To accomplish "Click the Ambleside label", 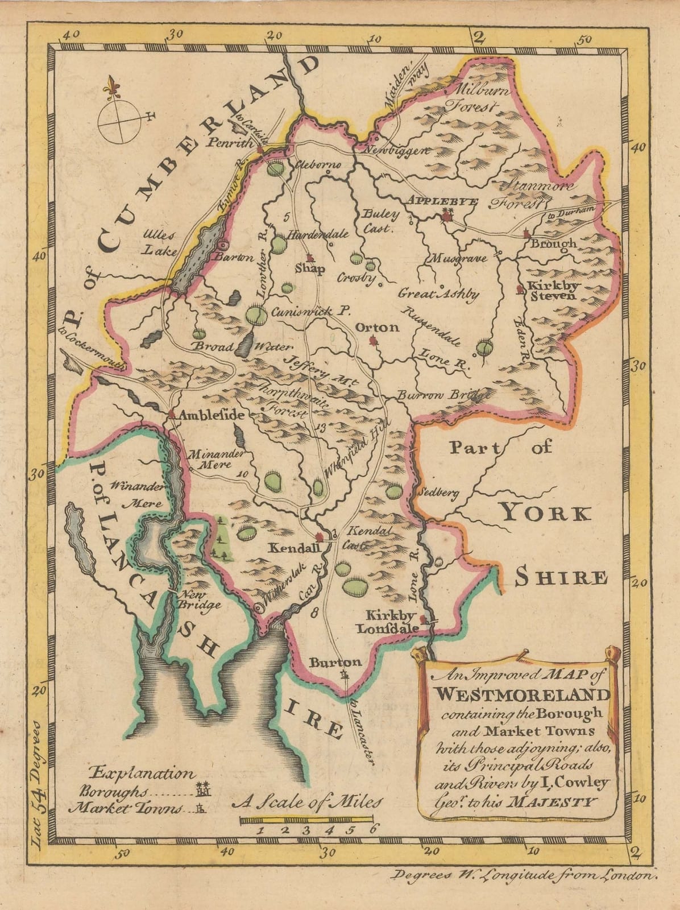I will (212, 416).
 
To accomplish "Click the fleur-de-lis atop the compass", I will (111, 86).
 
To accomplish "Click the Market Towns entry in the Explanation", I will (126, 808).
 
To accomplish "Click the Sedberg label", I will (437, 494).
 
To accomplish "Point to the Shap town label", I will (310, 270).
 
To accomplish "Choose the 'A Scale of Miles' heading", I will (307, 802).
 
